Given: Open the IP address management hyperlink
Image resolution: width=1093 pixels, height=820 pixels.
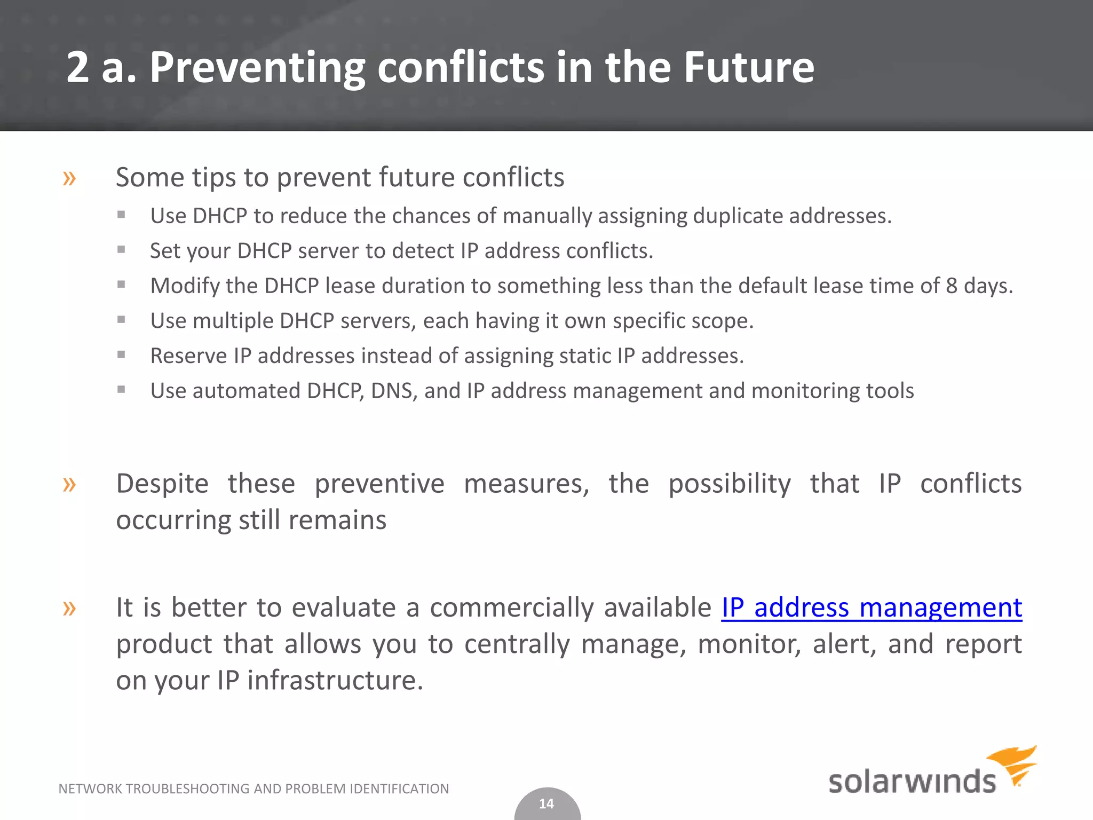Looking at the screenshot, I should [872, 608].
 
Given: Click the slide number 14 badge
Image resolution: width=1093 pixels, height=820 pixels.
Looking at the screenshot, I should [546, 804].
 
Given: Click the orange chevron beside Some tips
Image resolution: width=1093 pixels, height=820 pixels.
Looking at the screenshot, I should [69, 178].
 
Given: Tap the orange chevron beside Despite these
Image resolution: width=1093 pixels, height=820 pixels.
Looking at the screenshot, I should [69, 485].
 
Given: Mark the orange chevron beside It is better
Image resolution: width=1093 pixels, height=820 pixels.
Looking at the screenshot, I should [69, 608].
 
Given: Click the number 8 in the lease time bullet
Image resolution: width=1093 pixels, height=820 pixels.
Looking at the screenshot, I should [952, 286].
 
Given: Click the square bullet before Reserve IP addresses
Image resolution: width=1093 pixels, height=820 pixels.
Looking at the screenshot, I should [121, 354].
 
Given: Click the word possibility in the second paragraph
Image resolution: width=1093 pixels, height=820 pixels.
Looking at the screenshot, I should [729, 485].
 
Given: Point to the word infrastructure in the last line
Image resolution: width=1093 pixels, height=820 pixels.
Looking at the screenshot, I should [335, 680].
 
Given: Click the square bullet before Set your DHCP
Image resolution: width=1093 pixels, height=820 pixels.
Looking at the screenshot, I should [121, 249].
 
